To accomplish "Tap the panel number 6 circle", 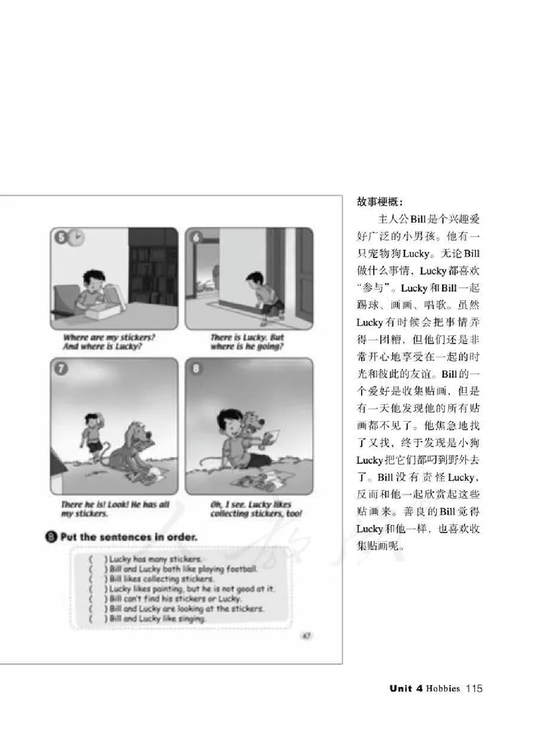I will (x=196, y=237).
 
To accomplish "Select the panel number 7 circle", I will (x=61, y=369).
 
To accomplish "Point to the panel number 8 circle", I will (x=196, y=369).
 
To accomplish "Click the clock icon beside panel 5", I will (x=77, y=238).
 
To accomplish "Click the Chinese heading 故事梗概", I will (x=379, y=201).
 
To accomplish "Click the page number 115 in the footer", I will (x=473, y=689).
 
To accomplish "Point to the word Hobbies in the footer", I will (x=443, y=689).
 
